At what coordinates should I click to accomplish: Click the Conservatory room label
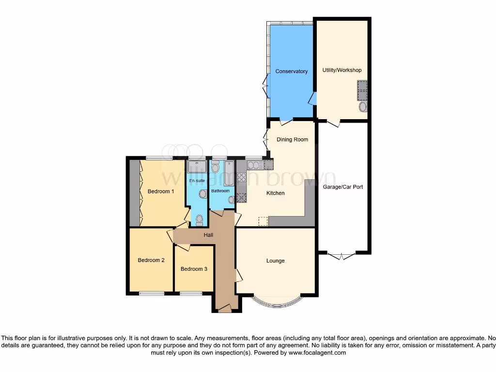coord(291,71)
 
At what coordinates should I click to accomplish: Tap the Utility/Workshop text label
coord(342,70)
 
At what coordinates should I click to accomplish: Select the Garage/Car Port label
coord(342,186)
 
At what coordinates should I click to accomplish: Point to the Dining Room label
coord(292,139)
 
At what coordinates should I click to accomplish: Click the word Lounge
coord(275,261)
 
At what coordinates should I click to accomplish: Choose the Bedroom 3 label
coord(194,269)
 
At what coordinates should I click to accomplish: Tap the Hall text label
coord(208,235)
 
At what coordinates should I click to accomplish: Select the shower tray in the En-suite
coord(197,167)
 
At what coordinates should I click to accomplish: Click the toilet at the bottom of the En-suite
coord(199,220)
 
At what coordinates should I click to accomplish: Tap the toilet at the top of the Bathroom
coord(216,168)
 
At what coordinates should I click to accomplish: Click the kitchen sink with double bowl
coord(255,165)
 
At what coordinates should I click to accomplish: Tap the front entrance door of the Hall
coord(224,309)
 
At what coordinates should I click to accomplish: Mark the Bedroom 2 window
coord(151,293)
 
